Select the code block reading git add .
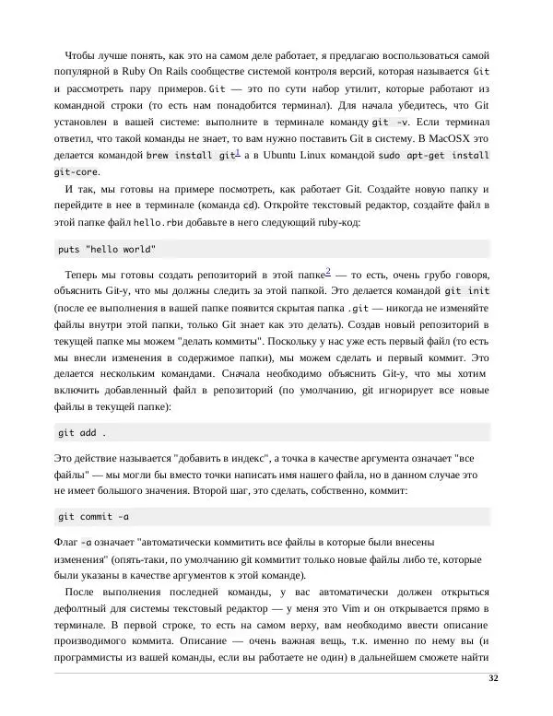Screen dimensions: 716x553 pyautogui.click(x=82, y=432)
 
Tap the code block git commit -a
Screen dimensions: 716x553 pyautogui.click(x=93, y=516)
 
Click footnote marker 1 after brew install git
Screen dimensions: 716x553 pyautogui.click(x=237, y=152)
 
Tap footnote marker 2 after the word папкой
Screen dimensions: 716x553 pyautogui.click(x=328, y=271)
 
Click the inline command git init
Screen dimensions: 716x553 pyautogui.click(x=467, y=291)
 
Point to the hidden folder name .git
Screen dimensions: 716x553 pyautogui.click(x=359, y=309)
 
